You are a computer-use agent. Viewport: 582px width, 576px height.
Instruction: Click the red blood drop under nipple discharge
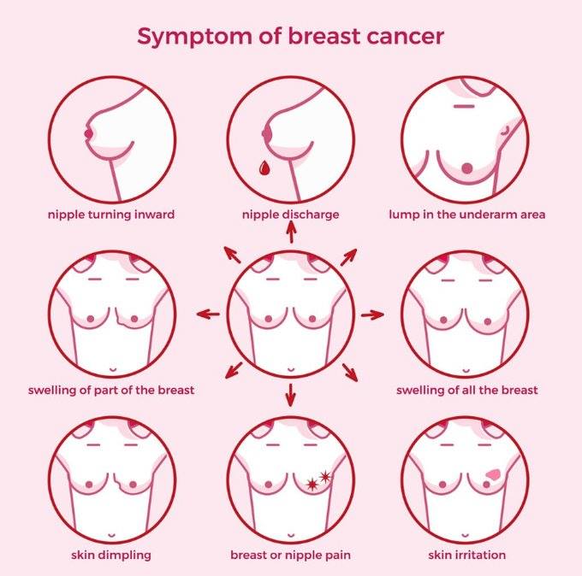tap(264, 168)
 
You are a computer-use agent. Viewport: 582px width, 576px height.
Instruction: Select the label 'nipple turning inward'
tap(111, 215)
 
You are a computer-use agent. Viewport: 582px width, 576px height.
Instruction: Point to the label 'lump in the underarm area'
tap(467, 215)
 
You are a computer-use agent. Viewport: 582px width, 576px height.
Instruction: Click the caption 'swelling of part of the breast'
tap(111, 391)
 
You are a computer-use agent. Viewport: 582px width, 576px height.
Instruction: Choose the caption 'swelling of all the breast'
tap(467, 391)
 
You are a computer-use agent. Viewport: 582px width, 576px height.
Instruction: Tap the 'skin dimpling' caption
tap(111, 555)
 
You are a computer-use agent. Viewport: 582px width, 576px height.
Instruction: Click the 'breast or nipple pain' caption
tap(290, 555)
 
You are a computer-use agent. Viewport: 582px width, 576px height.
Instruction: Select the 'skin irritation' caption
tap(467, 555)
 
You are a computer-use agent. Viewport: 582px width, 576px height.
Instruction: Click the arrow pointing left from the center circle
tap(208, 314)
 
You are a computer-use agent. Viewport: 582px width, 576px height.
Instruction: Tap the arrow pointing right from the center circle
tap(372, 315)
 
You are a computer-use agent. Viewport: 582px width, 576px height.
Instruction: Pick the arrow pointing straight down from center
tap(291, 395)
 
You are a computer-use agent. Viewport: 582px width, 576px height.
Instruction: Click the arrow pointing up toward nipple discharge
tap(291, 232)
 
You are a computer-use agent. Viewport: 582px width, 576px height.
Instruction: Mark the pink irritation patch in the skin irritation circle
tap(494, 474)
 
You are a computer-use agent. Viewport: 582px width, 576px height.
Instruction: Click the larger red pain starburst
tap(312, 484)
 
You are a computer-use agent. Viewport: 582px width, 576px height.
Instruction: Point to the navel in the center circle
tap(291, 370)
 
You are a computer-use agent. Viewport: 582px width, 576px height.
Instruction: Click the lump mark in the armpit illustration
tap(505, 131)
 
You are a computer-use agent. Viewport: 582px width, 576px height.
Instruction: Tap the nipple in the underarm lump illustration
tap(467, 168)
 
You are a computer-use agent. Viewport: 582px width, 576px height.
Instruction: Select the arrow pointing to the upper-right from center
tap(348, 257)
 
